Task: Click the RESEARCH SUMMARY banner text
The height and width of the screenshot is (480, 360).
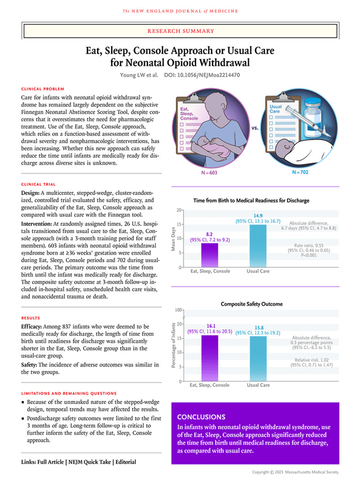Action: tap(181, 31)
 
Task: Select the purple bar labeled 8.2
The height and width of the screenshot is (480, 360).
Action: tap(209, 254)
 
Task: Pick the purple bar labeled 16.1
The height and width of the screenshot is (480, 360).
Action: tap(209, 358)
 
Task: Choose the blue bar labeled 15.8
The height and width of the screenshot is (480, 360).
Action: tap(258, 358)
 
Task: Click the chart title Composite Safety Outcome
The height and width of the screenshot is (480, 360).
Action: tap(251, 304)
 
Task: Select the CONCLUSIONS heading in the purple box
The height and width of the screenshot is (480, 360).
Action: tap(201, 416)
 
